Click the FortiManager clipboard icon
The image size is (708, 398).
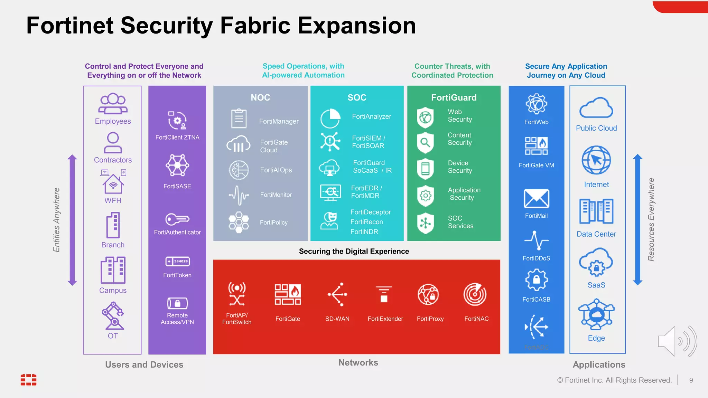click(239, 119)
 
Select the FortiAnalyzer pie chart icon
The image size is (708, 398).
click(330, 119)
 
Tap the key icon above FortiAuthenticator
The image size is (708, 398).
click(177, 219)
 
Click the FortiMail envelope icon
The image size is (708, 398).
click(536, 199)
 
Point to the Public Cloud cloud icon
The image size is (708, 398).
click(596, 108)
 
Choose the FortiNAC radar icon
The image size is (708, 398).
click(475, 294)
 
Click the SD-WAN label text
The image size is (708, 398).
click(337, 319)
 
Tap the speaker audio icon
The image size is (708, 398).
click(677, 341)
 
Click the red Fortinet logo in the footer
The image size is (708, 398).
click(28, 379)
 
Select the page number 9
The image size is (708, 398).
click(691, 380)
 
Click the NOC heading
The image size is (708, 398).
click(260, 97)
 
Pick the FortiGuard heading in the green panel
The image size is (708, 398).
click(454, 97)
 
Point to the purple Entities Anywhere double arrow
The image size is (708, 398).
click(72, 220)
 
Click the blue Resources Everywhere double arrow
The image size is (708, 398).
click(637, 220)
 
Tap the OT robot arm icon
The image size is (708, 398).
click(113, 315)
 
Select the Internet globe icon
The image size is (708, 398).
click(596, 160)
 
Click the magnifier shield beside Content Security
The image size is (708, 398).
click(425, 142)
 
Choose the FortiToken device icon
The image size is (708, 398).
click(177, 262)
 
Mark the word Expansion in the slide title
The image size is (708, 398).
click(356, 26)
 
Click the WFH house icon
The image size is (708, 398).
click(113, 183)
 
